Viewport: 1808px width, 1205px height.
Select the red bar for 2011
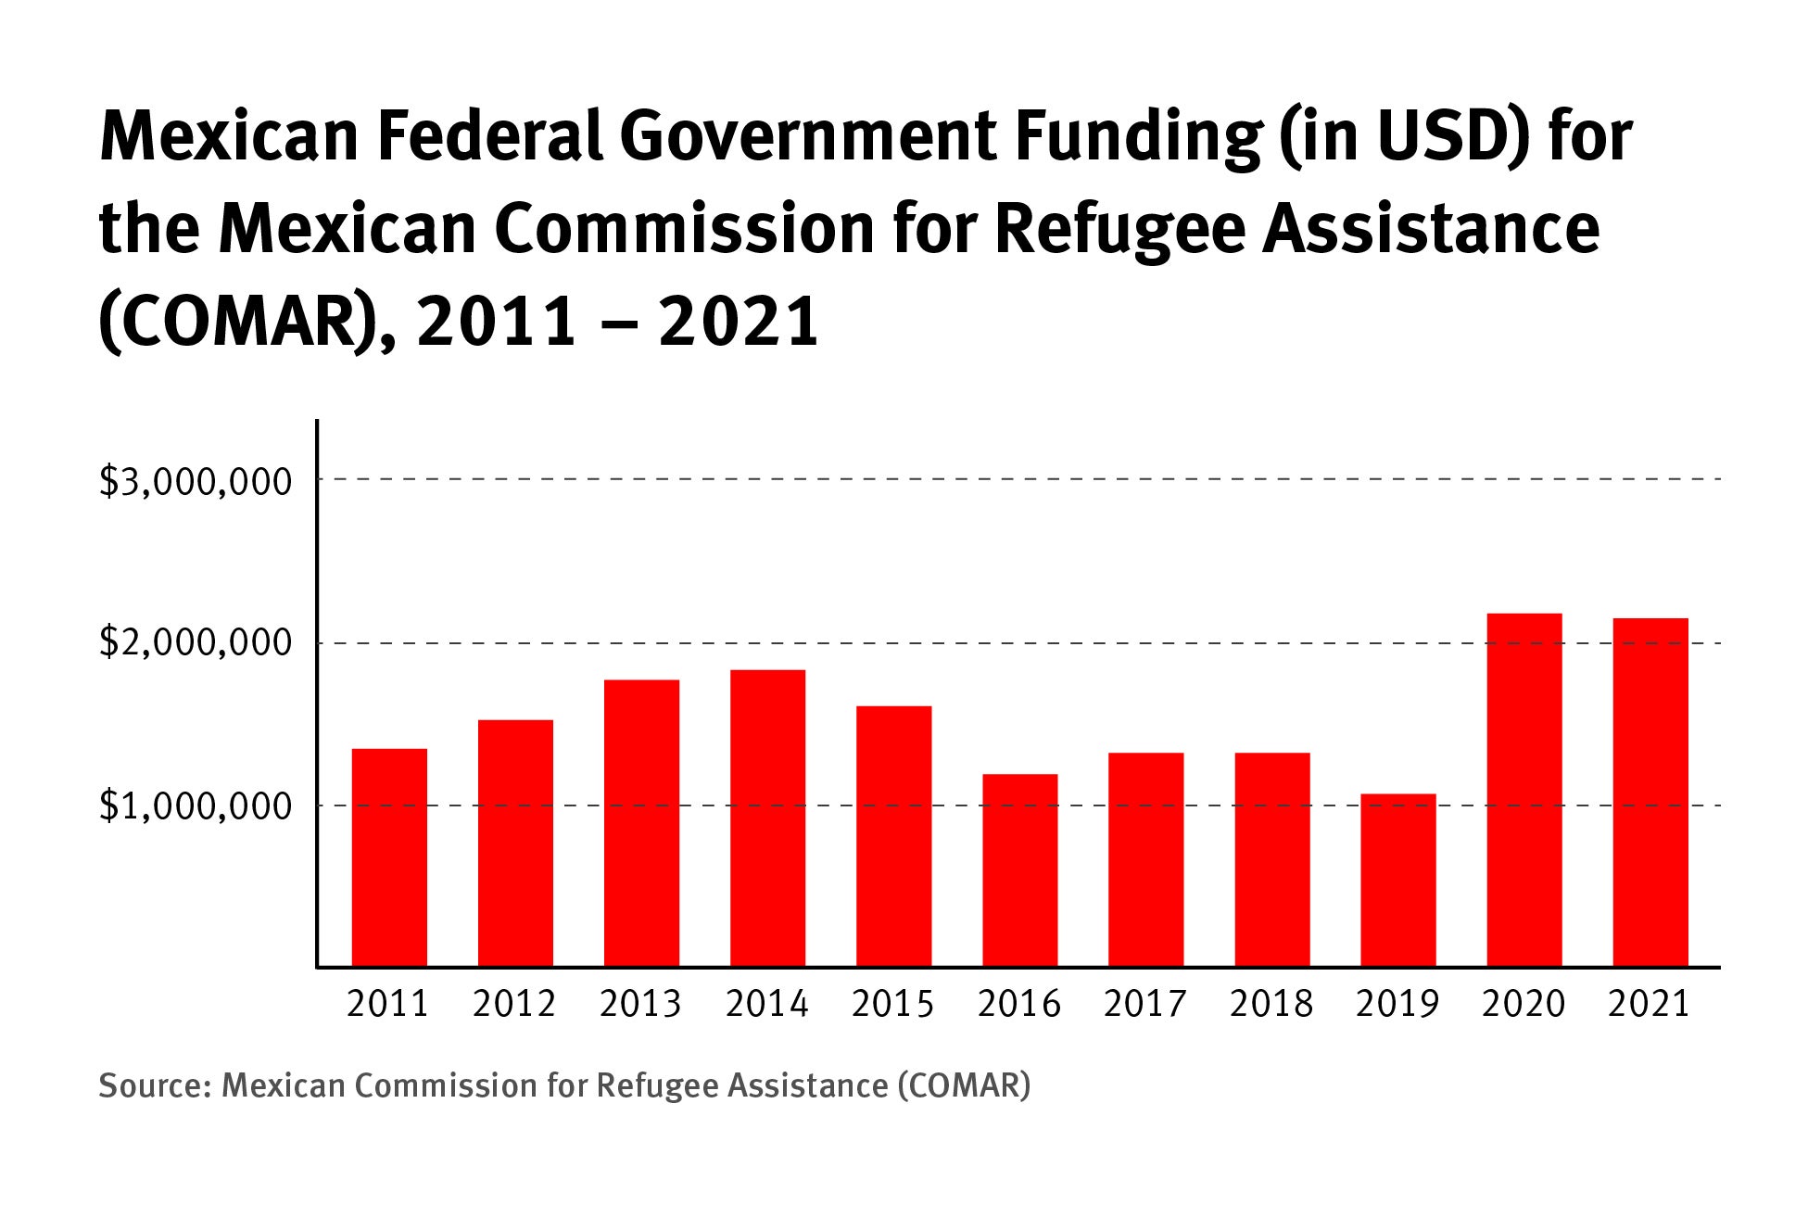tap(389, 857)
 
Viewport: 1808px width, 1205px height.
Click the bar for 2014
tap(767, 818)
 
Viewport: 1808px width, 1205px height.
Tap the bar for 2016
tap(1019, 870)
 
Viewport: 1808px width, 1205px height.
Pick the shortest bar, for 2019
tap(1397, 880)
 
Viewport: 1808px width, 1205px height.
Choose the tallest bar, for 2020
tap(1524, 790)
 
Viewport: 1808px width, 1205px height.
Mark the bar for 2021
tap(1650, 793)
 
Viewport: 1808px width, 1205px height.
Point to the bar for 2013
tap(641, 823)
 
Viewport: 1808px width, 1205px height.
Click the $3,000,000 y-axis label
tap(196, 481)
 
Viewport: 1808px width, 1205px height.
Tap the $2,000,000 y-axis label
tap(196, 642)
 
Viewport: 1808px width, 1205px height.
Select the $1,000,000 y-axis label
tap(196, 806)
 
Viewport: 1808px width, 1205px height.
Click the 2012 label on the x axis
tap(513, 1004)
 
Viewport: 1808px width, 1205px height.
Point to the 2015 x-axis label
tap(892, 1004)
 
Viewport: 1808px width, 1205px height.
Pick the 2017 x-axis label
tap(1144, 1004)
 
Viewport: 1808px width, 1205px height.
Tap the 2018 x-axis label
tap(1271, 1004)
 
